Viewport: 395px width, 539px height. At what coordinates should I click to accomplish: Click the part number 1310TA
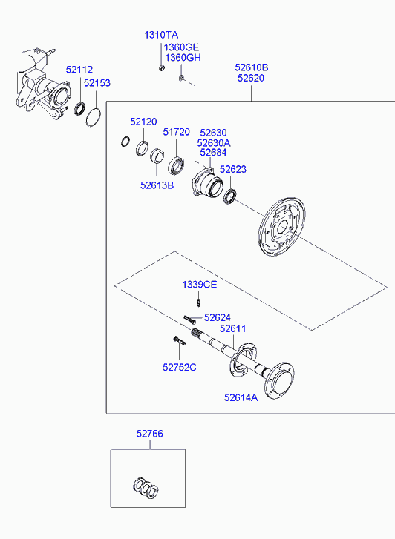[161, 35]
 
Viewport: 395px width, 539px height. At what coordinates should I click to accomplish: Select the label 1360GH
[183, 57]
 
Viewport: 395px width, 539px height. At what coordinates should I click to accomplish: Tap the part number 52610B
[252, 67]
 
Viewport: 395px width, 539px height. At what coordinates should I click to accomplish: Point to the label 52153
[97, 83]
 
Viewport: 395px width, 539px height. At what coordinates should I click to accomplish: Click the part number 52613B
[157, 185]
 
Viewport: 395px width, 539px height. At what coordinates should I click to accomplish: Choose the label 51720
[176, 132]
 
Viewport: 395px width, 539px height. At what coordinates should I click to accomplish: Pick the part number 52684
[213, 152]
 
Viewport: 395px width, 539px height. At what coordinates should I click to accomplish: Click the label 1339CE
[200, 285]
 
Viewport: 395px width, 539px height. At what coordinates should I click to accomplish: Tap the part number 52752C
[180, 368]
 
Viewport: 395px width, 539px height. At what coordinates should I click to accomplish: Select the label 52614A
[241, 397]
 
